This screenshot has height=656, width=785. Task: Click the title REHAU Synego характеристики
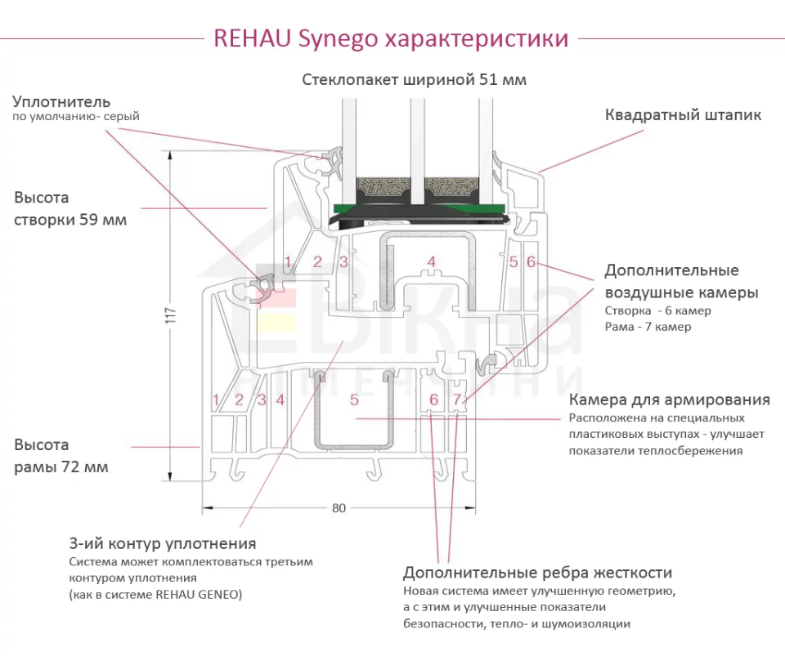(x=391, y=38)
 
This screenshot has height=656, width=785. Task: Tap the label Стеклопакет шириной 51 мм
(x=414, y=80)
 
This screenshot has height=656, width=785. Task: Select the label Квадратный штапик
(x=683, y=115)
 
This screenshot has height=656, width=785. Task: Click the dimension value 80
(x=339, y=508)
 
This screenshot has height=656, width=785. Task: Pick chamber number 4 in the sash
(x=432, y=262)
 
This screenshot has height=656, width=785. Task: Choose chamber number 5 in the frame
(x=354, y=400)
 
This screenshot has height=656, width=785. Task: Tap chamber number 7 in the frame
(x=457, y=399)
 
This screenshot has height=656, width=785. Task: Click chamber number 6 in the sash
(x=531, y=262)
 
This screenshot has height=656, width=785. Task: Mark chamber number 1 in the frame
(x=216, y=400)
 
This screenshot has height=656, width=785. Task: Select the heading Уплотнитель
(x=61, y=102)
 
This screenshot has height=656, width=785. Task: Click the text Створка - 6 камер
(x=657, y=310)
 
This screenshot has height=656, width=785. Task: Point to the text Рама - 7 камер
(x=648, y=327)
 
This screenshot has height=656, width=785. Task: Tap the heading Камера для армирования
(x=669, y=400)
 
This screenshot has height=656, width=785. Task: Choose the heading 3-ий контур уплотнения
(x=163, y=544)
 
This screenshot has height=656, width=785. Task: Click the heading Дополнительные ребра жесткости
(x=537, y=573)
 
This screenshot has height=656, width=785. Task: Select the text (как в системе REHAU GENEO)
(x=155, y=594)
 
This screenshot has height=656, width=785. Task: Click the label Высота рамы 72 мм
(x=61, y=456)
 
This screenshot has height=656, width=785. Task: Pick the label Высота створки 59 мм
(x=70, y=209)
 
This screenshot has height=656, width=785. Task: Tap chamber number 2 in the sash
(x=317, y=262)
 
